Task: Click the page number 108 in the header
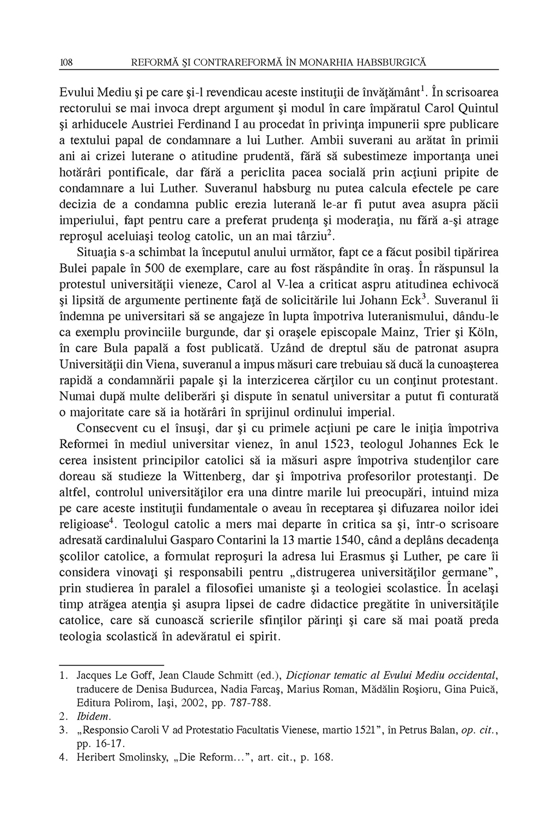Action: [x=66, y=63]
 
